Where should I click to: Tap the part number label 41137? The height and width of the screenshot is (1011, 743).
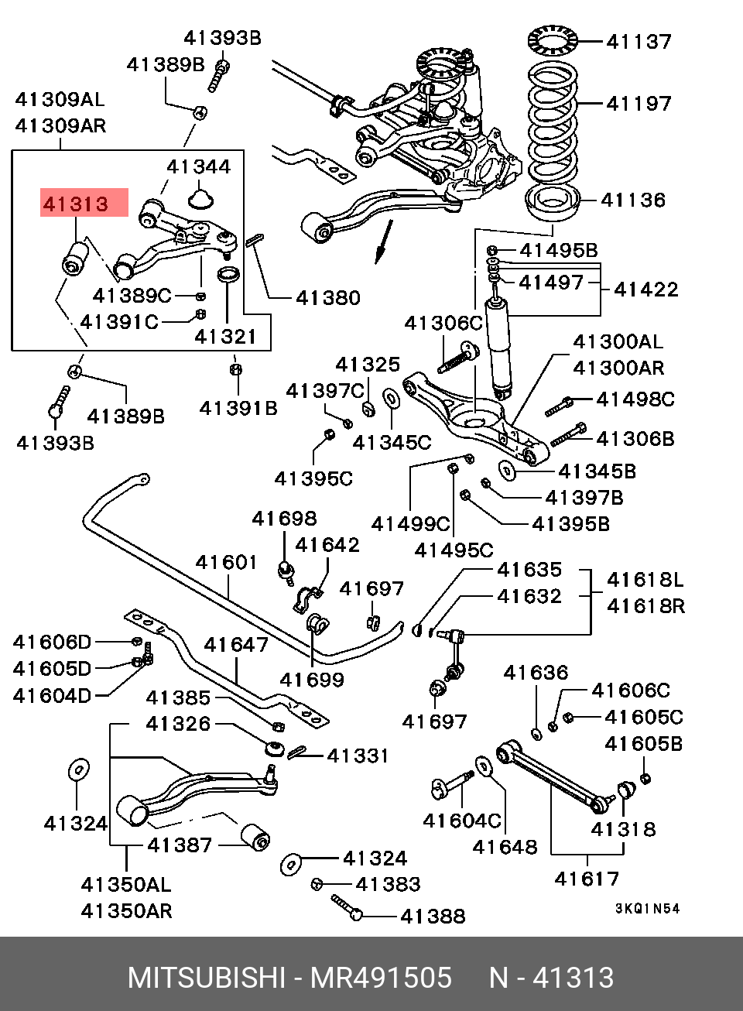pyautogui.click(x=639, y=41)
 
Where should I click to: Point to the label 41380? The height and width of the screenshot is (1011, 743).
pyautogui.click(x=327, y=297)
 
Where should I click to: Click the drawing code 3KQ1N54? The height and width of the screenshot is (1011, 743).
pyautogui.click(x=648, y=909)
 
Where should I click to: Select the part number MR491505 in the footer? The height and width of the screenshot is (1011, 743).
pyautogui.click(x=381, y=978)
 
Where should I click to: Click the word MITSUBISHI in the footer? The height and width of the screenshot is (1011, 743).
pyautogui.click(x=206, y=978)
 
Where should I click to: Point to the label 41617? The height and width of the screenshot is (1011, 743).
pyautogui.click(x=587, y=878)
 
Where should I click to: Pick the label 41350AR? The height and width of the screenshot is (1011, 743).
pyautogui.click(x=126, y=910)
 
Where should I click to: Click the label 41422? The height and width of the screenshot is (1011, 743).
pyautogui.click(x=645, y=289)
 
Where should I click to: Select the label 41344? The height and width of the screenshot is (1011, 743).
pyautogui.click(x=199, y=166)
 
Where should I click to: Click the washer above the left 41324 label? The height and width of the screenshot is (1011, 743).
pyautogui.click(x=77, y=770)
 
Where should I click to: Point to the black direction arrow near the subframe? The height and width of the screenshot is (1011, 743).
pyautogui.click(x=382, y=242)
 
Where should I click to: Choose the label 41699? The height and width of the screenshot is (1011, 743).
pyautogui.click(x=312, y=680)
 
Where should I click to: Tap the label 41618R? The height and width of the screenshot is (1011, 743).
pyautogui.click(x=645, y=605)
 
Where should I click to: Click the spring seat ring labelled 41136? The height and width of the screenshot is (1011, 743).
pyautogui.click(x=550, y=207)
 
